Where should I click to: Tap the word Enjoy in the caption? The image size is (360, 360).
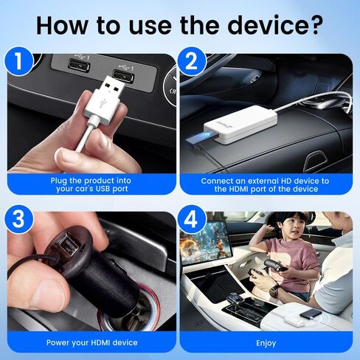(x=267, y=342)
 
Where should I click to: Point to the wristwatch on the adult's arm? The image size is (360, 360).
(x=274, y=291)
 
